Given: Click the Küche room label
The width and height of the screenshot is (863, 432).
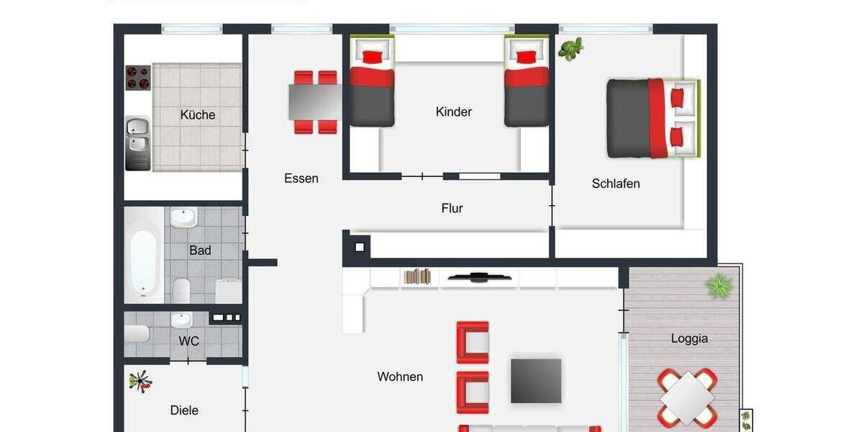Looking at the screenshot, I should click(198, 114).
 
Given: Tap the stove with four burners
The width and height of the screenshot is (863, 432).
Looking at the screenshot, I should click(138, 77).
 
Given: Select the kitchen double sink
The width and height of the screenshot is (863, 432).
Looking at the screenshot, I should click(137, 135).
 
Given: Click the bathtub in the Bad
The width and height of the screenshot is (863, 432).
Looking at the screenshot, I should click(144, 256).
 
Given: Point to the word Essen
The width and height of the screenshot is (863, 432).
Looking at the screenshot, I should click(301, 179).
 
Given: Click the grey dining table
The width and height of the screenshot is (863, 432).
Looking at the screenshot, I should click(315, 102).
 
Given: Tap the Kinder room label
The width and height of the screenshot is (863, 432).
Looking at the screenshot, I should click(454, 112).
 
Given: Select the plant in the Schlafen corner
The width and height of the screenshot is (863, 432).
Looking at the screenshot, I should click(571, 49).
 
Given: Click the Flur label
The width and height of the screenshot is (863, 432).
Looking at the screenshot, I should click(452, 209).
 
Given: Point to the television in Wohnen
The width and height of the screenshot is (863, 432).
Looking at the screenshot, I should click(480, 276).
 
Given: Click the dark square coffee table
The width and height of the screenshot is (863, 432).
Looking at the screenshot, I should click(536, 380).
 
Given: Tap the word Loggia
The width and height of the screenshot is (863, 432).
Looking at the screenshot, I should click(689, 338).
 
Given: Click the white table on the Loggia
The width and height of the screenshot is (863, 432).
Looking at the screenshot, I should click(688, 397).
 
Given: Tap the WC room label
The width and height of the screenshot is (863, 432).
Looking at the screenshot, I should click(189, 341).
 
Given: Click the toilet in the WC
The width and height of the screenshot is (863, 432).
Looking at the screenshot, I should click(137, 333).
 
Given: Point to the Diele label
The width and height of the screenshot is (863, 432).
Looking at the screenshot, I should click(184, 410).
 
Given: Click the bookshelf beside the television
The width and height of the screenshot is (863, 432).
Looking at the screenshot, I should click(417, 276).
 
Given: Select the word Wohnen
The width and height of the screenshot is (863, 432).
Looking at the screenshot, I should click(400, 377).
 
